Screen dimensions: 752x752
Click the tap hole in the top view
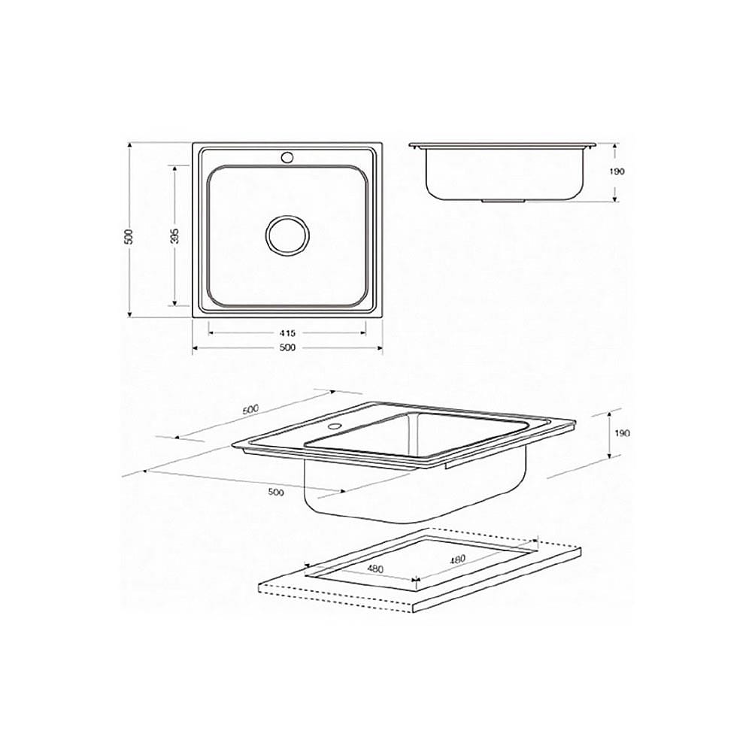287,157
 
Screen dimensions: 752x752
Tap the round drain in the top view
287,235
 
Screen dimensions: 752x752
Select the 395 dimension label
175,235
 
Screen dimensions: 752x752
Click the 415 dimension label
287,332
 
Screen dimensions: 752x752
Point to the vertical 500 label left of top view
129,236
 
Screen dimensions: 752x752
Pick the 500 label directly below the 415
287,347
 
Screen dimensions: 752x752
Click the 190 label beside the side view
617,171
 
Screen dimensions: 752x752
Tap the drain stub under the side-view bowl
502,201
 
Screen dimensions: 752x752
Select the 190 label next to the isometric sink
622,434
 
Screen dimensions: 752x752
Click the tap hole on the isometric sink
332,426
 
